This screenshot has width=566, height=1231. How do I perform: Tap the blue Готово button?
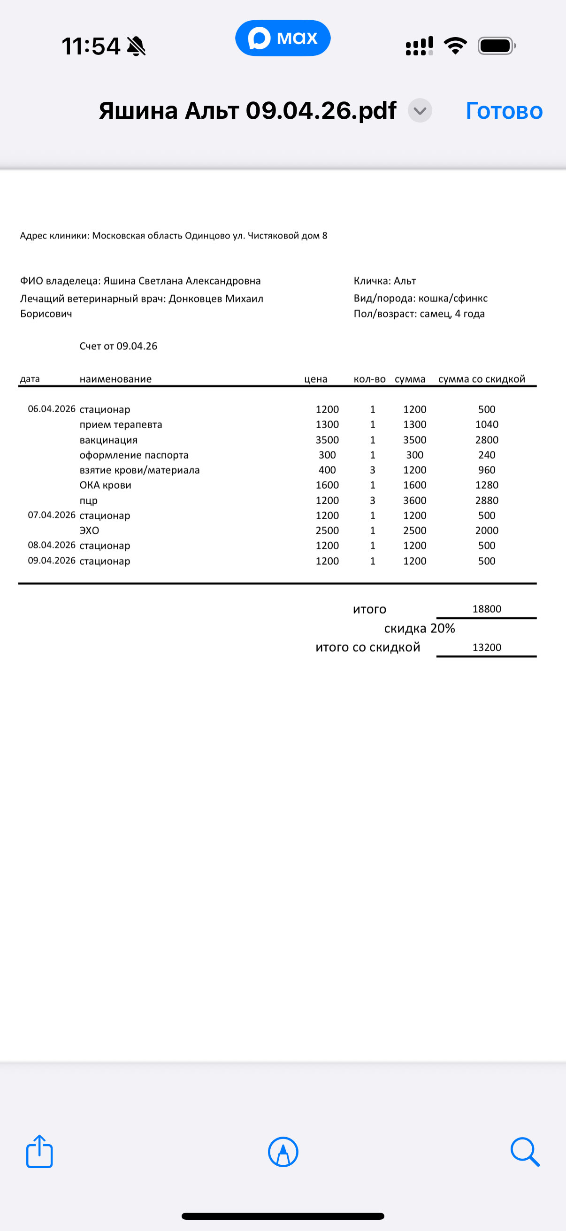[x=504, y=111]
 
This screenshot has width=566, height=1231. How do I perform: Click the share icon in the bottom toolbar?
[x=39, y=1152]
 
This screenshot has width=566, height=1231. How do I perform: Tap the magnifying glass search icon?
[x=524, y=1152]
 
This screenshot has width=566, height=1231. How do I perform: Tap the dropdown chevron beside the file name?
[x=420, y=111]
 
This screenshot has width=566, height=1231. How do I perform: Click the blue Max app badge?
[x=283, y=38]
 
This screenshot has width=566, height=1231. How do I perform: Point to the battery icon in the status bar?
[x=497, y=46]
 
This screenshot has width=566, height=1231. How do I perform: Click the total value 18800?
[x=487, y=609]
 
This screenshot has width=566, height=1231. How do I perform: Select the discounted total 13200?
[x=487, y=647]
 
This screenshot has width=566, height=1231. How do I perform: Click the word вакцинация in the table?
[x=108, y=439]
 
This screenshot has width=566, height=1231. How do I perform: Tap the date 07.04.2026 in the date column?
[x=52, y=515]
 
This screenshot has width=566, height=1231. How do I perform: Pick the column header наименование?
[x=115, y=379]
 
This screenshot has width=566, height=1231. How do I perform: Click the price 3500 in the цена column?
[x=327, y=439]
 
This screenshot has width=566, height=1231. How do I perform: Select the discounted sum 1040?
[x=487, y=424]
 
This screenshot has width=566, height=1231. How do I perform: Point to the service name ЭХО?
[x=89, y=531]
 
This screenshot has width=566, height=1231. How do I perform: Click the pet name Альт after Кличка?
[x=405, y=281]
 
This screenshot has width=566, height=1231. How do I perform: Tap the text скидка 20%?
[x=420, y=628]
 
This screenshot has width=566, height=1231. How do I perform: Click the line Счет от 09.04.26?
[x=118, y=346]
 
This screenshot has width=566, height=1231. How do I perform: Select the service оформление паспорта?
[x=134, y=455]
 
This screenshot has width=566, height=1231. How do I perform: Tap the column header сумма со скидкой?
[x=482, y=379]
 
